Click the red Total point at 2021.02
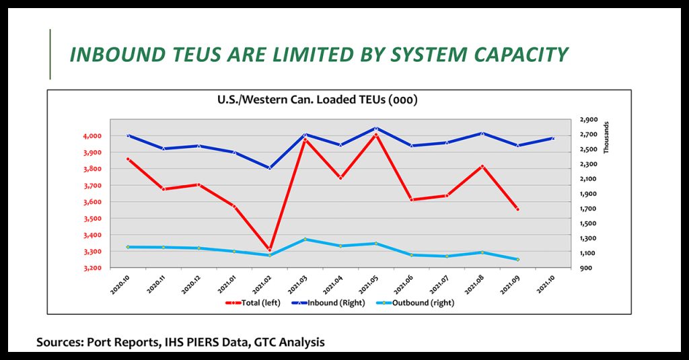point(270,250)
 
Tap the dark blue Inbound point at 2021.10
point(552,139)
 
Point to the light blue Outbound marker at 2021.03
point(305,239)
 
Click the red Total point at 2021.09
point(517,209)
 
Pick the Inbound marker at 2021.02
point(270,168)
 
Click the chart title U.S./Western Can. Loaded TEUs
point(318,100)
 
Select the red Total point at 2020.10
point(128,159)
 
